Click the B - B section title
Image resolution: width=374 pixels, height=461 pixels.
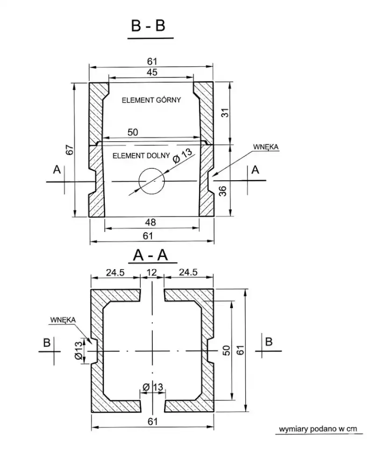click(148, 26)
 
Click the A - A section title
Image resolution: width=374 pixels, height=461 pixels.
click(151, 255)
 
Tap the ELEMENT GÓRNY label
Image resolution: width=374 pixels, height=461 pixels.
click(151, 100)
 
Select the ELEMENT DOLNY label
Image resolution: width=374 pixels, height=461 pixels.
click(141, 155)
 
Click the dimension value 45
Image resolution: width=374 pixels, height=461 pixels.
click(152, 72)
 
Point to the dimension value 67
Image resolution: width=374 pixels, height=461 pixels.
click(69, 150)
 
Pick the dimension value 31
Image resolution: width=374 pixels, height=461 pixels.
click(225, 113)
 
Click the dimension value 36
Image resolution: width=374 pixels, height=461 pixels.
click(223, 191)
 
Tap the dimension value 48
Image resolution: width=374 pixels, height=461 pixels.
click(151, 222)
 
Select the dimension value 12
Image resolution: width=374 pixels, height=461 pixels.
click(151, 272)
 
